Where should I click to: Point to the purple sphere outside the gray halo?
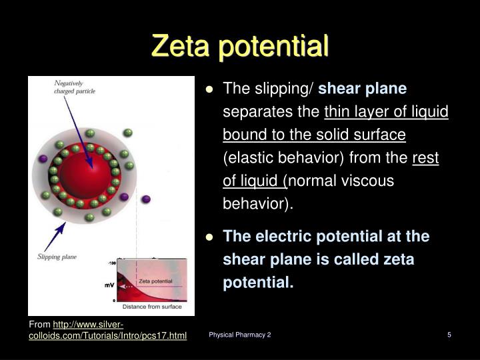click(x=146, y=198)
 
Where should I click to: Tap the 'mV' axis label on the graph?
click(x=109, y=285)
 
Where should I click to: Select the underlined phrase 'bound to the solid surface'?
click(x=314, y=135)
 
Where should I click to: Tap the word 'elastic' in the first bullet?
click(x=248, y=158)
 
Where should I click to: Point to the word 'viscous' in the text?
click(x=371, y=181)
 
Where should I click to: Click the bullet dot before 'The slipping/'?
click(x=209, y=89)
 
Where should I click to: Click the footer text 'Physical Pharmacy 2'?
click(x=239, y=335)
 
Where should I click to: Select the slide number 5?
click(x=449, y=335)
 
